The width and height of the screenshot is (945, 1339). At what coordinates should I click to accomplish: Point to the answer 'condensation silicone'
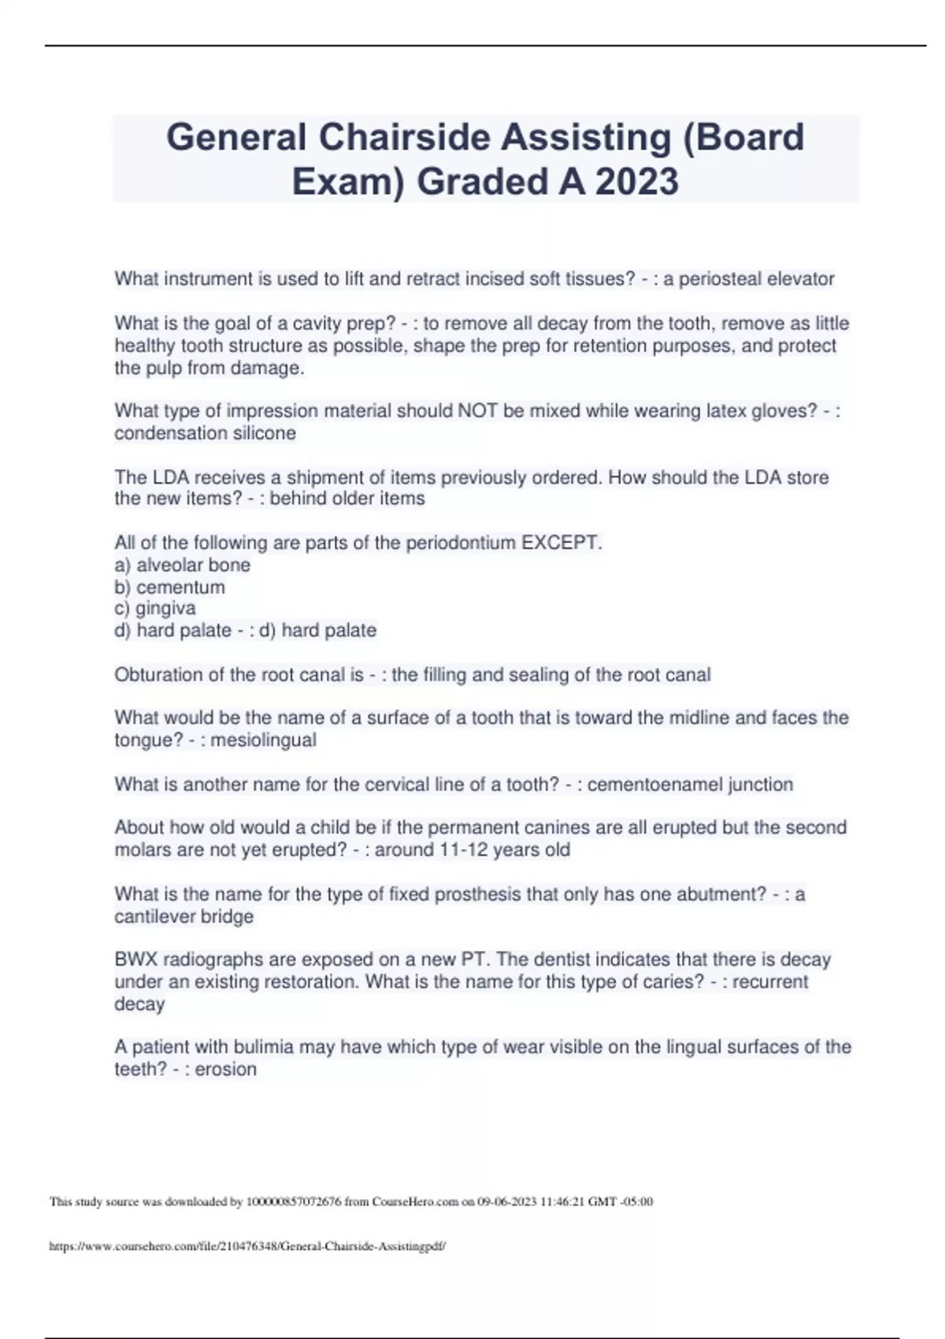(x=205, y=433)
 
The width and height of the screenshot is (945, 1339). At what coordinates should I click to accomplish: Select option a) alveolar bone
(x=182, y=565)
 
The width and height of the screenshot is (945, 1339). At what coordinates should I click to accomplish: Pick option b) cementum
(x=169, y=587)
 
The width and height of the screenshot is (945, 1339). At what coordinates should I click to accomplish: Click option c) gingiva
(x=155, y=608)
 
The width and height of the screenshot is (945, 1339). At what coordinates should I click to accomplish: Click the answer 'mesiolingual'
(x=263, y=740)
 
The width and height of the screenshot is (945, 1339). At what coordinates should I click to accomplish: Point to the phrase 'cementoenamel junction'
(x=690, y=784)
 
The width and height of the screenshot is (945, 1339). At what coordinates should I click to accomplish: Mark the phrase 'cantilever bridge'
(x=183, y=917)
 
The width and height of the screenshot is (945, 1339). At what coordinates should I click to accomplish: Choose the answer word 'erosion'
(x=225, y=1070)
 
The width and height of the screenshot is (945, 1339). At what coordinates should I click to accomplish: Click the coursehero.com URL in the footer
(x=247, y=1247)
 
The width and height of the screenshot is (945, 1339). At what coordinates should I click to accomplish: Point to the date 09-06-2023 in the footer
(x=507, y=1202)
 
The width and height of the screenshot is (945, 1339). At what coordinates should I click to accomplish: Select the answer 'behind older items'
(x=347, y=499)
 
